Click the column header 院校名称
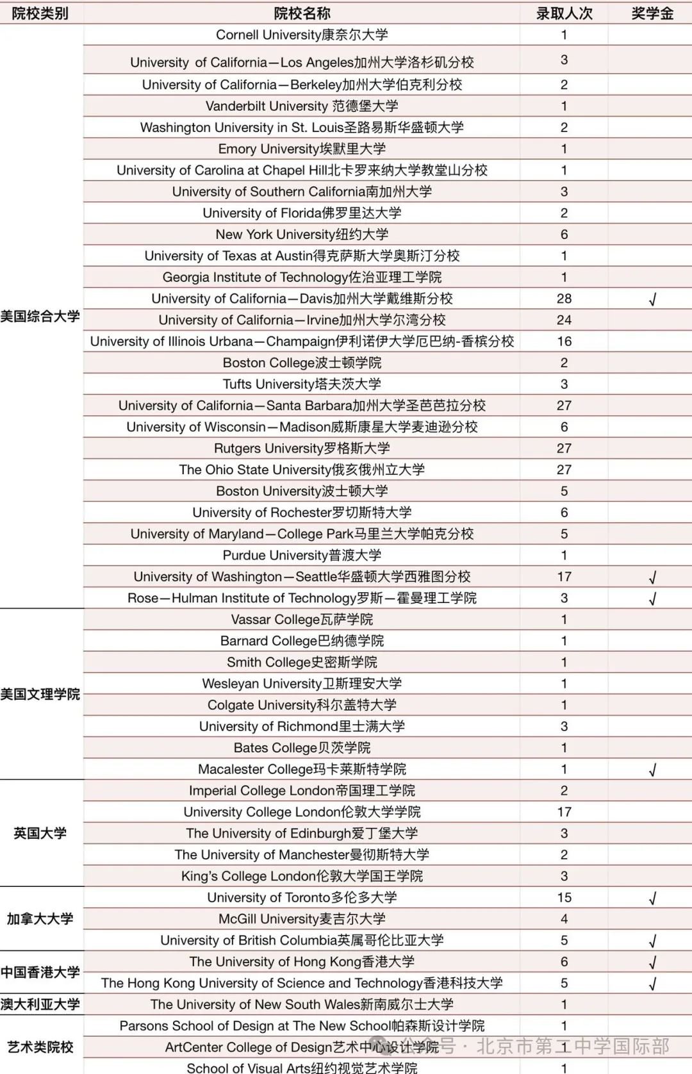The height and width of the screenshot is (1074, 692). (302, 13)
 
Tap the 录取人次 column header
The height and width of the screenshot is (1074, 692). (564, 13)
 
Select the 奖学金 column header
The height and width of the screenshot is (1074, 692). (652, 13)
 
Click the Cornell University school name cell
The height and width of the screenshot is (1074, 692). (302, 35)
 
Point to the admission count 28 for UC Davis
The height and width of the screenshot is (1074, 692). (564, 299)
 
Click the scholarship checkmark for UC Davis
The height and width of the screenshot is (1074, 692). (652, 299)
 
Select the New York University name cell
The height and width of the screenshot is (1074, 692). (302, 235)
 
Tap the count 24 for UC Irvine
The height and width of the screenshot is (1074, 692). (564, 320)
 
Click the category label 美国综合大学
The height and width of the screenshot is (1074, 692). (40, 316)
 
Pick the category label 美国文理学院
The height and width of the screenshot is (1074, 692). (40, 694)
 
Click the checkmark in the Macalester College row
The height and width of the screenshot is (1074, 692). (652, 770)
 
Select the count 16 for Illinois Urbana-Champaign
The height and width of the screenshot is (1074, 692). (564, 342)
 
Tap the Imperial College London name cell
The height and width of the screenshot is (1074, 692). (302, 790)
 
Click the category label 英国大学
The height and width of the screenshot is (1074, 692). (40, 833)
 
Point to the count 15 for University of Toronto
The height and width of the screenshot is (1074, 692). (564, 897)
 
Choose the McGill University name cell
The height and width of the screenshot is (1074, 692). (302, 919)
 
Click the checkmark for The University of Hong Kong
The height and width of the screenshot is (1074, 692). (652, 962)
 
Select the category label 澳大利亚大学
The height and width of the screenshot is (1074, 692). (40, 1004)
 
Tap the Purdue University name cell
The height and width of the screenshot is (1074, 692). (302, 555)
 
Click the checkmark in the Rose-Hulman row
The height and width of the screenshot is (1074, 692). (652, 599)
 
